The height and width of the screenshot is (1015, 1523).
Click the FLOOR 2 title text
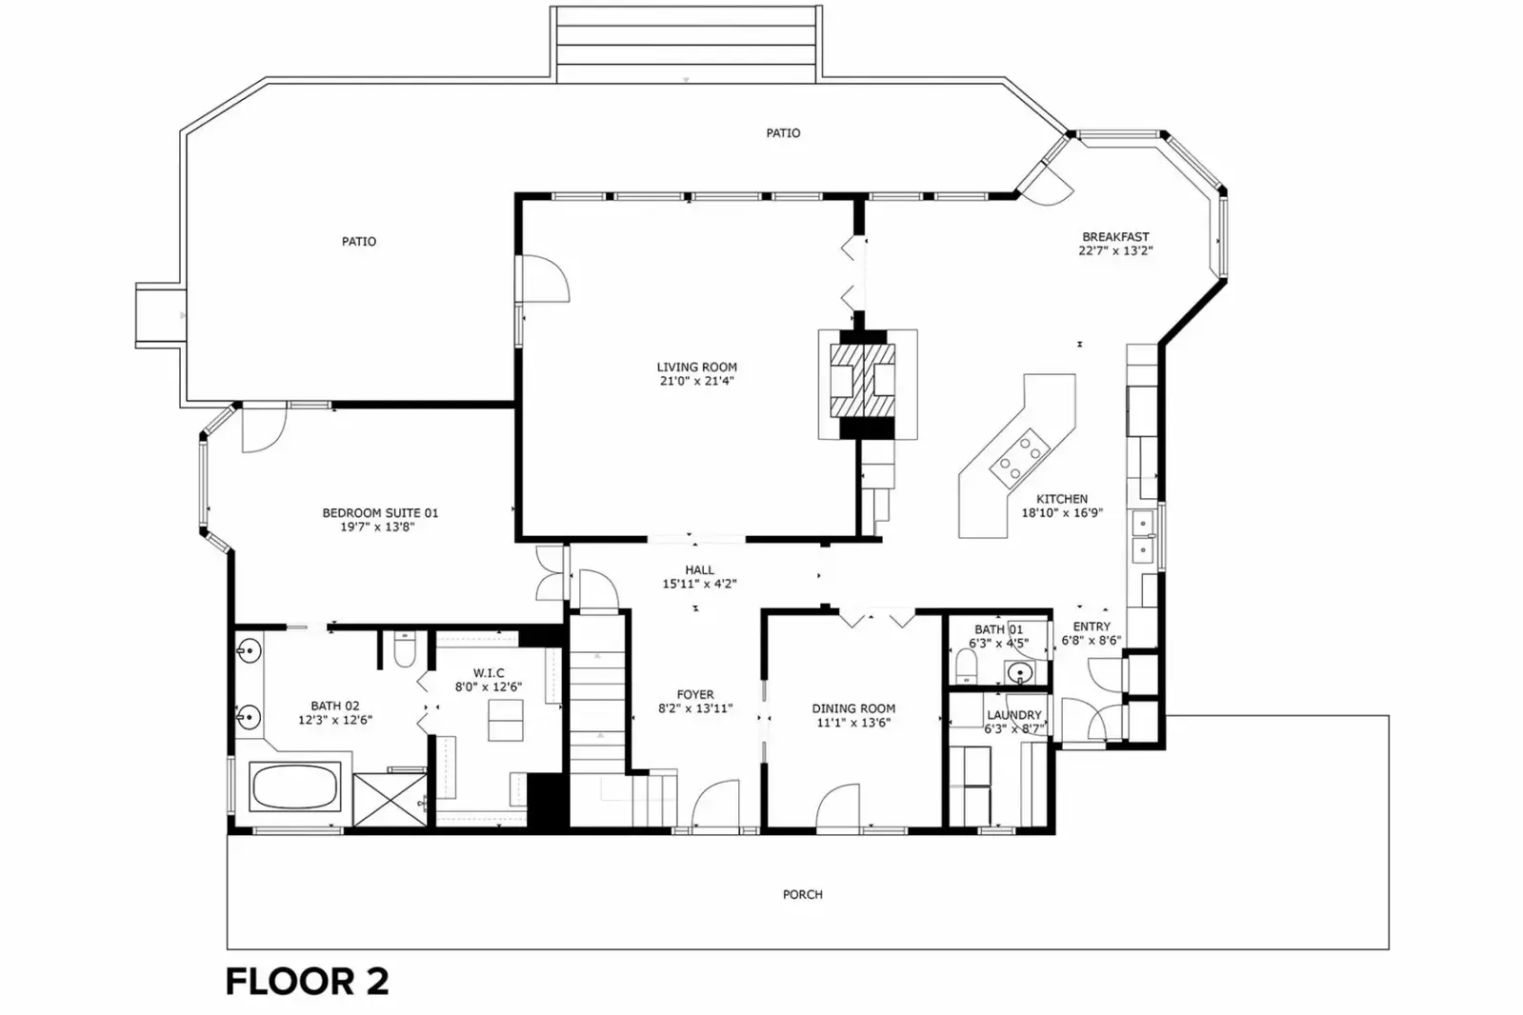[x=307, y=982]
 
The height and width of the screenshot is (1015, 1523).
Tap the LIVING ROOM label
[x=697, y=368]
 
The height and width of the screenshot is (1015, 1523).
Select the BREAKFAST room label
[x=1115, y=236]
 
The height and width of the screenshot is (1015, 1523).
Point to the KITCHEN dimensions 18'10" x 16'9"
[x=1062, y=512]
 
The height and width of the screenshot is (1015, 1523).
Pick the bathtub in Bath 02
[x=295, y=786]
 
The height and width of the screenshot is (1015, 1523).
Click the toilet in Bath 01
[x=966, y=666]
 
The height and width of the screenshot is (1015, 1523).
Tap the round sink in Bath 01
[x=1020, y=673]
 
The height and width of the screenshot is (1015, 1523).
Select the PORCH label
[x=803, y=895]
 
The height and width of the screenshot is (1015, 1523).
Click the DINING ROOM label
[x=853, y=708]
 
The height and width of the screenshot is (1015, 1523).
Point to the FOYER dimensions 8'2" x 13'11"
[x=695, y=708]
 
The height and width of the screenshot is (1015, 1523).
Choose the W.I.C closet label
[x=489, y=673]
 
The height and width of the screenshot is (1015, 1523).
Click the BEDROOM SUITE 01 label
[x=380, y=512]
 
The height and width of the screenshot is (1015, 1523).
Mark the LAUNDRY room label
[x=1014, y=714]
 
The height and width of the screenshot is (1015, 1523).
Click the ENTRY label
[x=1092, y=627]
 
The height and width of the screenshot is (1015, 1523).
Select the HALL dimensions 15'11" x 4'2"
[x=700, y=584]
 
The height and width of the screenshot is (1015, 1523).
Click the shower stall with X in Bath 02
[x=390, y=800]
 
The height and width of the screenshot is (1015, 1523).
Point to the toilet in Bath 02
[x=405, y=649]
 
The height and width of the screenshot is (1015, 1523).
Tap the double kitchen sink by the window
[x=1143, y=537]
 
